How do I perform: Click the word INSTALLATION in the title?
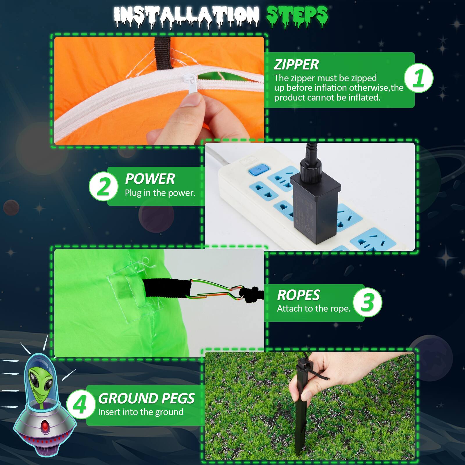(x=186, y=16)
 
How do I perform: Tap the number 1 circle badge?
(x=419, y=78)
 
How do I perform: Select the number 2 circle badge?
(x=103, y=186)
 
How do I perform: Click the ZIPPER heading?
(x=296, y=65)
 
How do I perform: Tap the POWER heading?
(x=150, y=179)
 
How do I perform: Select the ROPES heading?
(x=298, y=295)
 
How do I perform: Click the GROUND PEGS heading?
(x=146, y=398)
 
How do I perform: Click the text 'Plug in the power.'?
(x=160, y=193)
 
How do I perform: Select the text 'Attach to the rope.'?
(x=314, y=309)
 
